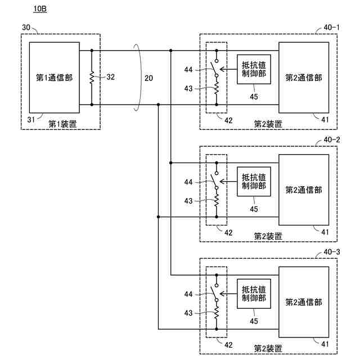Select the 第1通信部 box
coord(54,77)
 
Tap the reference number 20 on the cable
coord(148,78)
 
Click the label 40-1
coord(332,27)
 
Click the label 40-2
coord(332,139)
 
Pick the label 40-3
coord(332,251)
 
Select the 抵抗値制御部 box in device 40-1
coord(254,69)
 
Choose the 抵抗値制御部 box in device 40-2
coord(254,181)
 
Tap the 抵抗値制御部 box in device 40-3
coord(254,294)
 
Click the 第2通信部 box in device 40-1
coord(304,78)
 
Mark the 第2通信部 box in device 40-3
coord(304,302)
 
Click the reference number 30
coord(26,27)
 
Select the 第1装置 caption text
coord(62,124)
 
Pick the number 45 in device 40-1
coord(254,96)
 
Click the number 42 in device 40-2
coord(228,232)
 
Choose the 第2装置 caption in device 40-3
coord(268,348)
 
